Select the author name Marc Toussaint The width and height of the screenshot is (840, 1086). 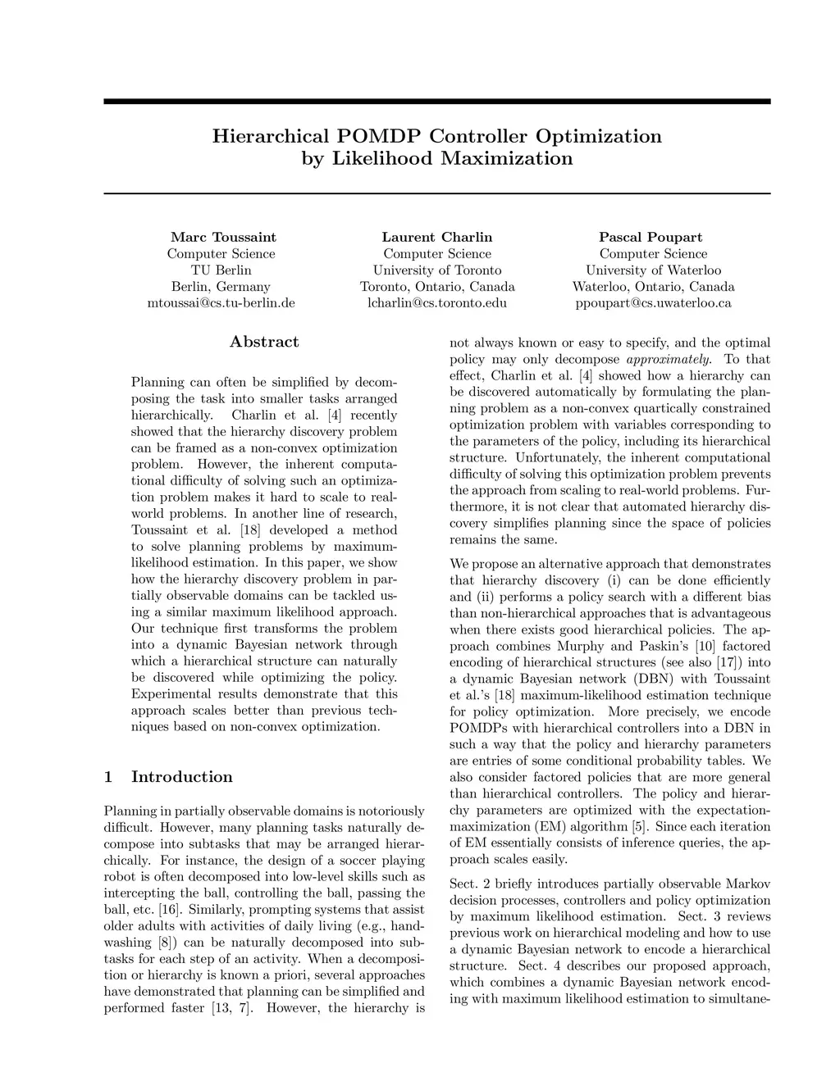223,238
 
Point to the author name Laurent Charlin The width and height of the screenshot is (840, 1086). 437,238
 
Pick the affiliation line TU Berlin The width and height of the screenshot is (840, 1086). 221,270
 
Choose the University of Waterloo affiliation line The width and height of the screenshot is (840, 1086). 653,270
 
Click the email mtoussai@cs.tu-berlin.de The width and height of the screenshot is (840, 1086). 221,303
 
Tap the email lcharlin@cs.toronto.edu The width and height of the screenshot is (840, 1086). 437,303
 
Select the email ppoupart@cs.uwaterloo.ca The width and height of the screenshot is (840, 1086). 653,303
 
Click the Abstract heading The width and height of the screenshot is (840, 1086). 264,343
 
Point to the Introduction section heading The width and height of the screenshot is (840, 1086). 181,777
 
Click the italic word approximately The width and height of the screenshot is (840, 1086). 669,359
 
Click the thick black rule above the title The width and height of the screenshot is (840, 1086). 437,102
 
